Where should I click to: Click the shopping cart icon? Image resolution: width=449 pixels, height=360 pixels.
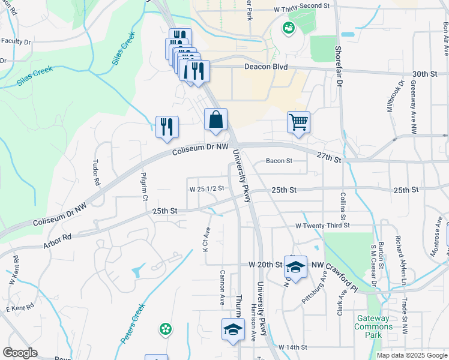point(298,123)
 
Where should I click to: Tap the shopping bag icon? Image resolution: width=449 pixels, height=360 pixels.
point(215,120)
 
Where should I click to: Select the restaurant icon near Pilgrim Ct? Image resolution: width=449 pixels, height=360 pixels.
point(166,127)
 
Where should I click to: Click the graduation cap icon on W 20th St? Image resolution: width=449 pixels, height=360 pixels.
point(295,267)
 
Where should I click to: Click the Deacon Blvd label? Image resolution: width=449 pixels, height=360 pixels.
point(265,67)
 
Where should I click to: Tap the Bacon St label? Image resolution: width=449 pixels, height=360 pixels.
point(279,161)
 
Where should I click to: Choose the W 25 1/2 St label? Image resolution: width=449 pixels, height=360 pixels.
point(206,188)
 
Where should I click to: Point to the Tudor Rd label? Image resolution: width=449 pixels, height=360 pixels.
point(95,172)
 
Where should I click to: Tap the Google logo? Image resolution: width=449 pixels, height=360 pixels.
point(20,353)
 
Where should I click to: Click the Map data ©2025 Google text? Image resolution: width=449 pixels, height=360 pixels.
point(412,355)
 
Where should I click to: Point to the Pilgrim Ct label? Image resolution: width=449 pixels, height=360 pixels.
point(145,188)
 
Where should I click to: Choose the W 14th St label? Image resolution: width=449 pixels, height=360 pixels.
point(292,347)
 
